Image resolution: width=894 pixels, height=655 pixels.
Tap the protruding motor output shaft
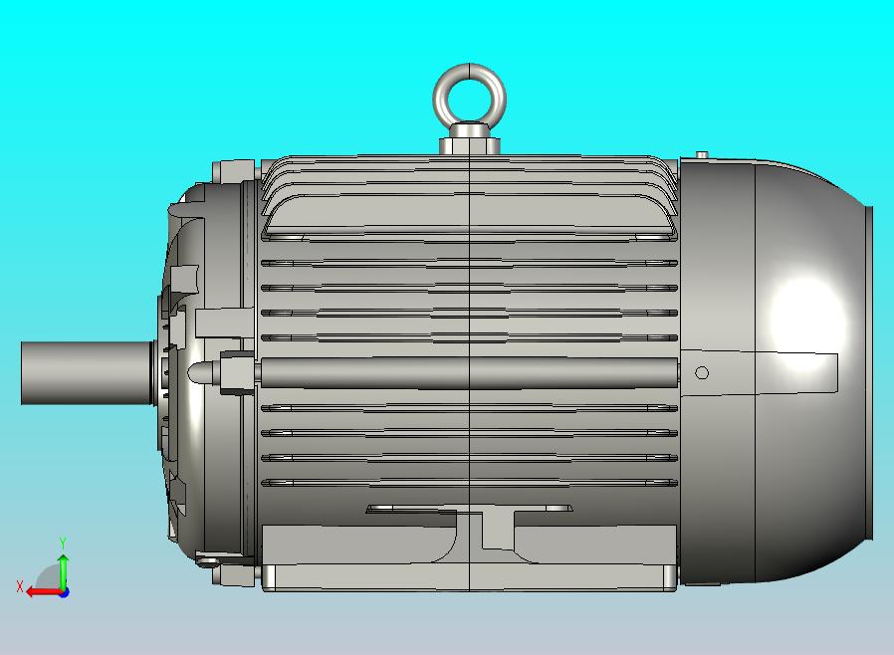87,373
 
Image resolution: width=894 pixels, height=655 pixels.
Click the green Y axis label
63,542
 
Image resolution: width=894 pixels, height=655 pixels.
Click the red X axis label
20,586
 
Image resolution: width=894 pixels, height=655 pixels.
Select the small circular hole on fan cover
702,373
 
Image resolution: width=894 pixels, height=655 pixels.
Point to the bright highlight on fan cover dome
806,314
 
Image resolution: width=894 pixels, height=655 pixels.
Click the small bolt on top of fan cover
703,154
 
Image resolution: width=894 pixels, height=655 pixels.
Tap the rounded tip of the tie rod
194,373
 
